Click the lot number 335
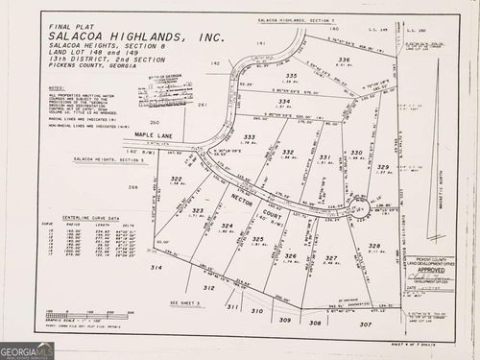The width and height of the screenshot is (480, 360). [x=291, y=76]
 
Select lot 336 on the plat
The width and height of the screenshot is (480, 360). [x=344, y=60]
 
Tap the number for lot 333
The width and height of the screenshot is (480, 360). [x=250, y=137]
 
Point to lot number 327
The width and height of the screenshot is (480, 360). [x=331, y=258]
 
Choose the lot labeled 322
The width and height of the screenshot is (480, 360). [x=177, y=180]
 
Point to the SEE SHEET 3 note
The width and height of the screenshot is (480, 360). [x=183, y=301]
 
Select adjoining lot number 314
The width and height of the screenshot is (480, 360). [x=156, y=268]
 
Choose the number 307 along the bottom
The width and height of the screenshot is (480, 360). [x=366, y=324]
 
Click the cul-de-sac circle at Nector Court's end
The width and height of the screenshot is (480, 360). [x=358, y=208]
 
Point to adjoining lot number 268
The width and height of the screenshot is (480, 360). [x=133, y=187]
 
